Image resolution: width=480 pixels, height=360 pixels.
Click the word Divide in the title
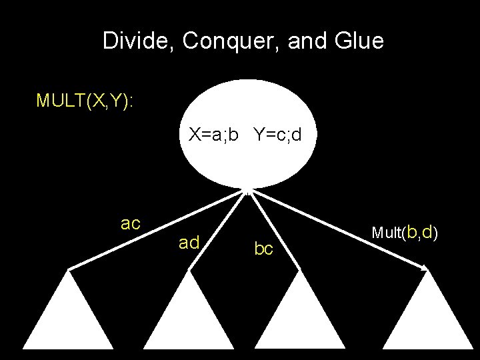pos(137,41)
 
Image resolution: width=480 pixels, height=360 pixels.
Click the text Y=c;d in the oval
pos(277,135)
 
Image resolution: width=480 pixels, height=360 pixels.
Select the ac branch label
pos(131,223)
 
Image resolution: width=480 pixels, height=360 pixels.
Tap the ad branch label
pos(189,243)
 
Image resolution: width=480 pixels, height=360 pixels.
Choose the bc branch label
pos(264,249)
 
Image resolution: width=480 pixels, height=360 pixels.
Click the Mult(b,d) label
pos(404,232)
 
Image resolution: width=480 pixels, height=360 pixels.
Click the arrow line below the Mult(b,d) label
pos(340,230)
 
